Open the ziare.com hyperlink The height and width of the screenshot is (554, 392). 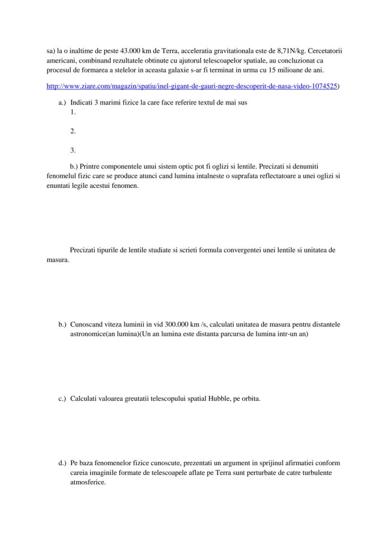click(192, 87)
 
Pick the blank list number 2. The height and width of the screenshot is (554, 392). click(73, 131)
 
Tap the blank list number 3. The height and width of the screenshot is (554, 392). click(73, 150)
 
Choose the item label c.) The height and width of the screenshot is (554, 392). click(62, 398)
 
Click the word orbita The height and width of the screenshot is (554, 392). click(250, 398)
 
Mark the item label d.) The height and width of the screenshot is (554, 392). click(62, 463)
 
